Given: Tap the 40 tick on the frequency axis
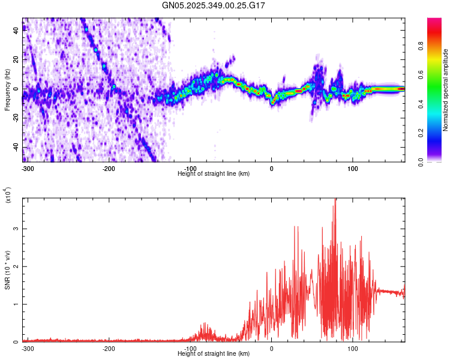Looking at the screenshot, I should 16,31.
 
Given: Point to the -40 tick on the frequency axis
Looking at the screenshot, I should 15,147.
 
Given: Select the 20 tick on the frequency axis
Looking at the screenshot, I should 16,60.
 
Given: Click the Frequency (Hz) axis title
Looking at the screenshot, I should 7,90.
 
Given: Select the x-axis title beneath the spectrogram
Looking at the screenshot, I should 214,173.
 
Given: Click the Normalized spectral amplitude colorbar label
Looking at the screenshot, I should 445,90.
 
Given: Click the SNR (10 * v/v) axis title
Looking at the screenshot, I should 7,270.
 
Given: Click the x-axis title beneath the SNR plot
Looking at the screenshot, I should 214,353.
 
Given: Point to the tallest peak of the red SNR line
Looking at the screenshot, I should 335,200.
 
